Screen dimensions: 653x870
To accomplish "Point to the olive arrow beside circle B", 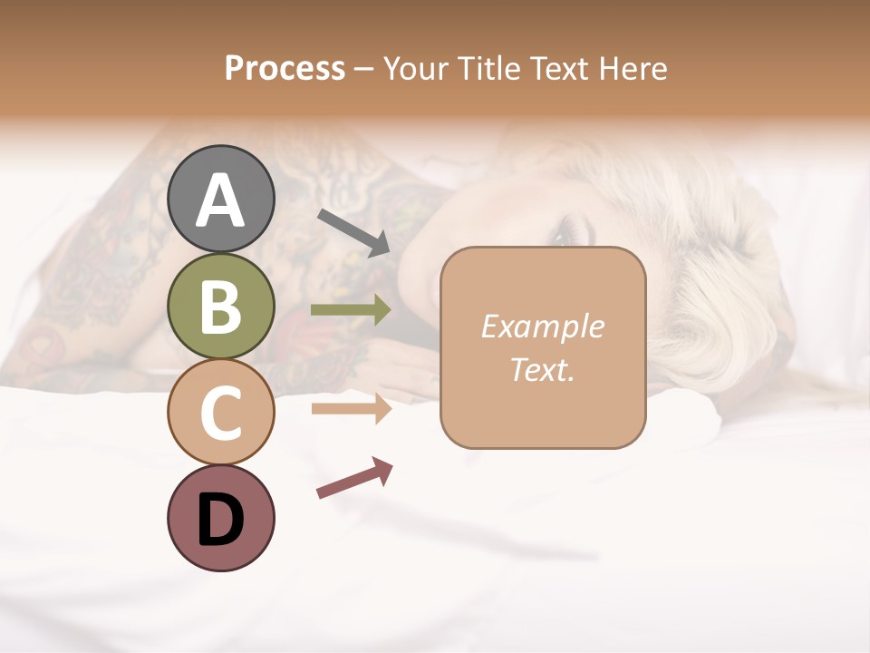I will (x=351, y=310).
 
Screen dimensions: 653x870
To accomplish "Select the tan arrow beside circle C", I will (x=351, y=409).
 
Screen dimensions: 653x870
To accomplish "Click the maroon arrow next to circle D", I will (x=354, y=478).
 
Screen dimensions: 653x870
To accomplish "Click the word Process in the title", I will (x=285, y=68).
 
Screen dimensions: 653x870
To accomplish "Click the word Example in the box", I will (x=542, y=326).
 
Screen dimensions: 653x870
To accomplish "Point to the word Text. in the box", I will (x=542, y=370).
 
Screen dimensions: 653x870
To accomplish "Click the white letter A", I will (x=220, y=200).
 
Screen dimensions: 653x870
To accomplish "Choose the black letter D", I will (x=220, y=520).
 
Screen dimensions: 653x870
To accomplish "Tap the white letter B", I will (x=220, y=307).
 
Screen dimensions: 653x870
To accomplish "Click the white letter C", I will (x=220, y=413).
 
